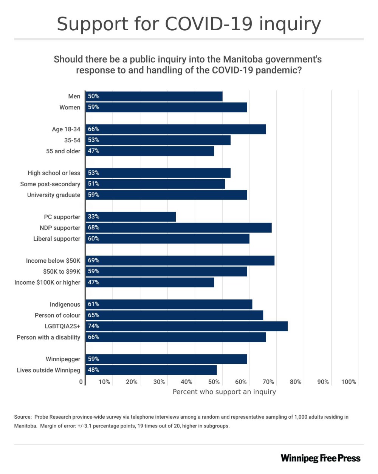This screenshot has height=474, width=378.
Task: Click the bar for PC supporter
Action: pyautogui.click(x=130, y=217)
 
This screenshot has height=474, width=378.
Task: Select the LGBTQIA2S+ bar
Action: pyautogui.click(x=186, y=326)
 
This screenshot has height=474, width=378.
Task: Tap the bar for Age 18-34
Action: pyautogui.click(x=175, y=129)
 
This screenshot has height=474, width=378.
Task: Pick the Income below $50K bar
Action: pyautogui.click(x=180, y=260)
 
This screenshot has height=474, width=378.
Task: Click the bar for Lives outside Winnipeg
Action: pyautogui.click(x=151, y=370)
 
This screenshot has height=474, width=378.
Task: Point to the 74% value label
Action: pyautogui.click(x=94, y=326)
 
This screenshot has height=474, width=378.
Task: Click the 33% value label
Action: pyautogui.click(x=94, y=217)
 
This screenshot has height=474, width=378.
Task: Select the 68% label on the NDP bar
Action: pyautogui.click(x=94, y=228)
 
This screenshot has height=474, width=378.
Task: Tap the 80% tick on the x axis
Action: pyautogui.click(x=296, y=382)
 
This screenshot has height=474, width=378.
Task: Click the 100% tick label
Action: pyautogui.click(x=349, y=382)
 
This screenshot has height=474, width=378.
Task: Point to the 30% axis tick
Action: pyautogui.click(x=159, y=382)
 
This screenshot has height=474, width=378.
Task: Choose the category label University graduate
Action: pyautogui.click(x=54, y=195)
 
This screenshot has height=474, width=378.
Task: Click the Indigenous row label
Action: pyautogui.click(x=65, y=304)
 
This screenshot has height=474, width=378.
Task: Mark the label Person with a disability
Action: pyautogui.click(x=48, y=337)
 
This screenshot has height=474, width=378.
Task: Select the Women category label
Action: pyautogui.click(x=70, y=108)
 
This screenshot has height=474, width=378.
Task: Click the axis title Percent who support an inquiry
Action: pyautogui.click(x=224, y=392)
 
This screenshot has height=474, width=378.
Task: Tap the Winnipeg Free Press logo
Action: pyautogui.click(x=321, y=458)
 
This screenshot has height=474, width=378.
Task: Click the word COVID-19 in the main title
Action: pyautogui.click(x=209, y=24)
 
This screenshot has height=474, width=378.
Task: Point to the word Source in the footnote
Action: pyautogui.click(x=23, y=417)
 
